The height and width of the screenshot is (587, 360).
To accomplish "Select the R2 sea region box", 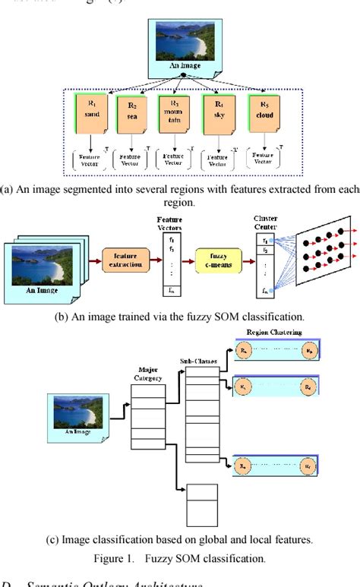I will coord(134,112).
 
